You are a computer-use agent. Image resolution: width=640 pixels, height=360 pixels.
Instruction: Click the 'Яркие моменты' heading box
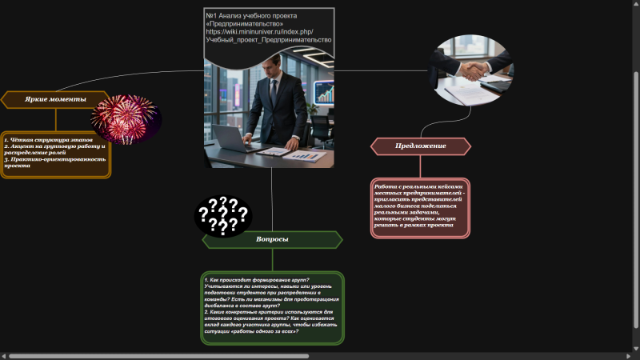click(55, 99)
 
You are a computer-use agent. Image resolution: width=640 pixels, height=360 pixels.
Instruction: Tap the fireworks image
click(126, 118)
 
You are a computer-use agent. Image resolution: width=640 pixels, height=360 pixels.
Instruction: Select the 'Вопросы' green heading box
click(272, 239)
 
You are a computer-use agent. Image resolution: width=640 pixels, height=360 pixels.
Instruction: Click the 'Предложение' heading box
click(421, 146)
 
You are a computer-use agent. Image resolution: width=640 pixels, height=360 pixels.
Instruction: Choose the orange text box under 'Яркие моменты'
click(55, 154)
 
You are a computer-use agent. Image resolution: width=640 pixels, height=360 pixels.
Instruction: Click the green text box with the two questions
click(272, 308)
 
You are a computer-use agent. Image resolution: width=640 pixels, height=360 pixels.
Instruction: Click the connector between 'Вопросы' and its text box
click(272, 260)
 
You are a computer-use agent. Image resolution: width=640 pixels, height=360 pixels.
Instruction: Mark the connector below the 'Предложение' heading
click(421, 166)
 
